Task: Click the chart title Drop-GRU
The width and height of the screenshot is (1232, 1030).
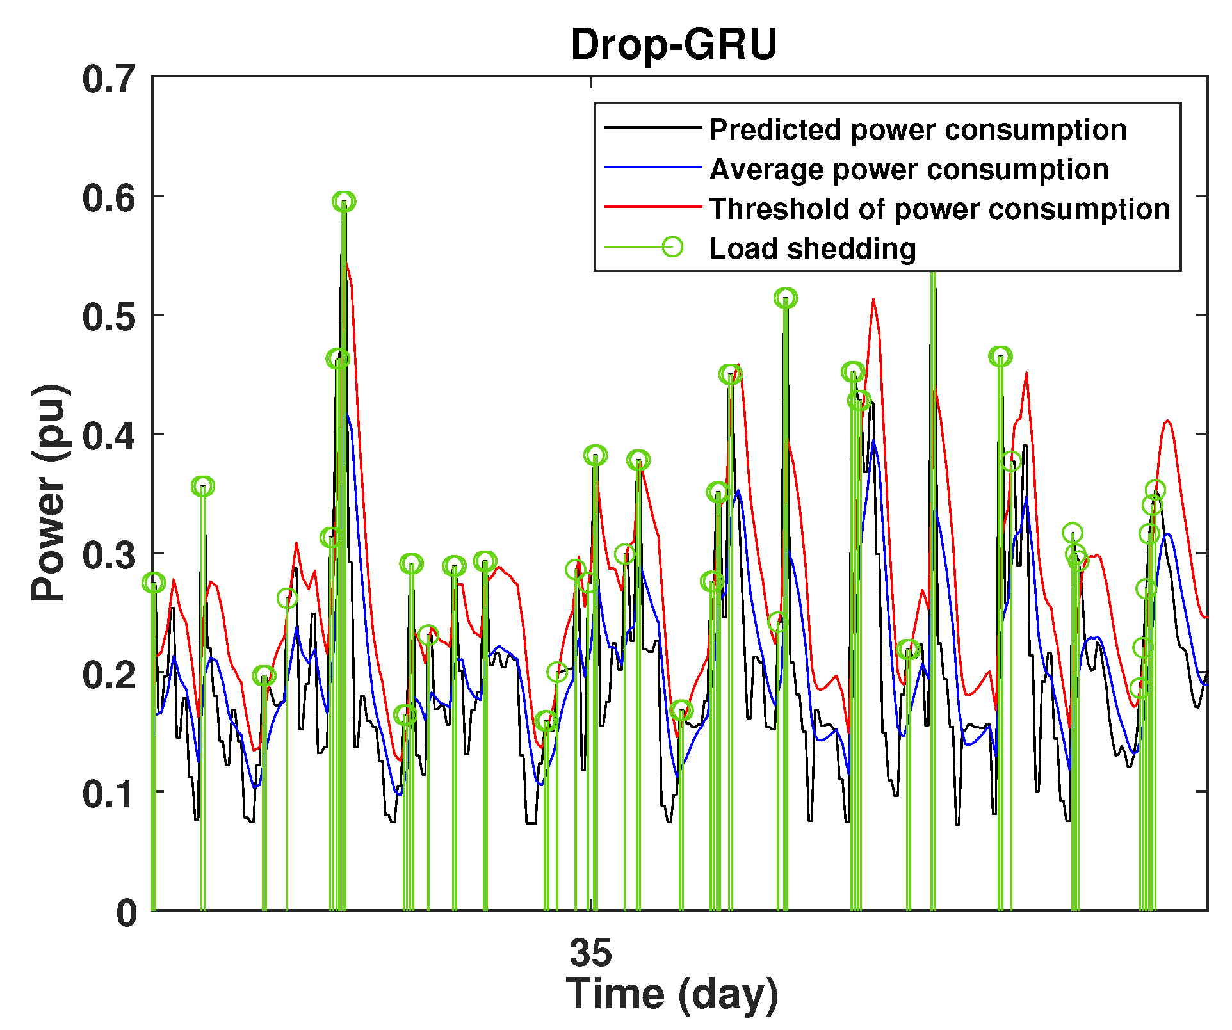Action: click(x=674, y=45)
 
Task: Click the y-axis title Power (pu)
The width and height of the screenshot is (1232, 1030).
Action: click(x=49, y=492)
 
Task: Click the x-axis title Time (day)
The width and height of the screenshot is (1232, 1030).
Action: click(x=672, y=994)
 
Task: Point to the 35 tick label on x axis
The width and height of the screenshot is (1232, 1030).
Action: click(x=590, y=953)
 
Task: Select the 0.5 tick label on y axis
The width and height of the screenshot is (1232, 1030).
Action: click(x=109, y=318)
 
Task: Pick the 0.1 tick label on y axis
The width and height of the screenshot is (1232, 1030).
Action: click(x=109, y=794)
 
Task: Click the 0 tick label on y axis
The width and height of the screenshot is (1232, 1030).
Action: click(x=126, y=913)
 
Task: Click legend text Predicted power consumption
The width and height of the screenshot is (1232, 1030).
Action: click(x=918, y=130)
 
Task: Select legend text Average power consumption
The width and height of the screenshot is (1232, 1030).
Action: click(x=909, y=170)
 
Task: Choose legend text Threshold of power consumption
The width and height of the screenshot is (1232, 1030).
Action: click(x=939, y=209)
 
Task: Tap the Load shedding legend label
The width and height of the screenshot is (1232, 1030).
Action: click(x=813, y=249)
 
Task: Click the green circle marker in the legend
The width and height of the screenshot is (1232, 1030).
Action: click(x=672, y=246)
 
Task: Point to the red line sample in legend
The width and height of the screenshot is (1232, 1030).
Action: click(x=653, y=207)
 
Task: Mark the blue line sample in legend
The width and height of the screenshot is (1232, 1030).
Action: click(x=653, y=167)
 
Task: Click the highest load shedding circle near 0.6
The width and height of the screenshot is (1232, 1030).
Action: click(x=344, y=202)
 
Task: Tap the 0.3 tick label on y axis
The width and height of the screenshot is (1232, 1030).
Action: click(x=109, y=556)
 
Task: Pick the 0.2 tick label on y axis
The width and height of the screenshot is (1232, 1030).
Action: click(x=109, y=675)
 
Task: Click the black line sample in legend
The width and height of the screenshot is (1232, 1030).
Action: click(x=653, y=127)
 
